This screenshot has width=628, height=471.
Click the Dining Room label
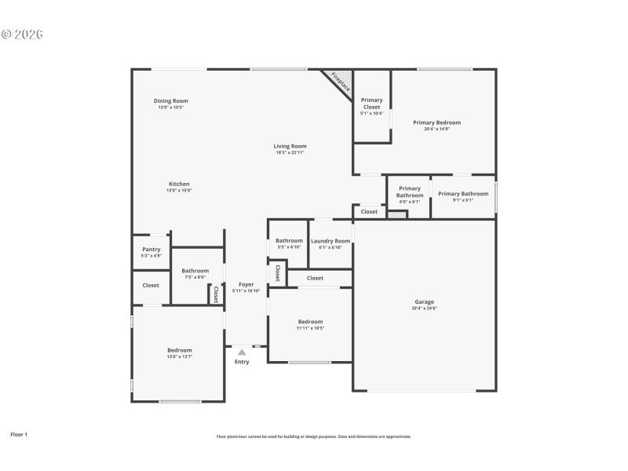(x=170, y=100)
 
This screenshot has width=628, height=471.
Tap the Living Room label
(x=290, y=146)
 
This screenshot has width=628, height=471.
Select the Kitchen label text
(x=179, y=184)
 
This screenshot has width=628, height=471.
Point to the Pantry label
(x=152, y=250)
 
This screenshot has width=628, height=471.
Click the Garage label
(x=424, y=301)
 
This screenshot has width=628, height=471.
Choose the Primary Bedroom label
(x=436, y=122)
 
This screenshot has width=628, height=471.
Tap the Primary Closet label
(x=371, y=103)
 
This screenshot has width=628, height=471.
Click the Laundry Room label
(x=330, y=241)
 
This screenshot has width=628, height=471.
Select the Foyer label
(x=246, y=284)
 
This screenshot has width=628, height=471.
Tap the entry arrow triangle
(x=242, y=352)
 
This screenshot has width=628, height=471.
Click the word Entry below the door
(x=242, y=362)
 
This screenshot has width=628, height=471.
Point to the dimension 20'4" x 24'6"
(x=424, y=309)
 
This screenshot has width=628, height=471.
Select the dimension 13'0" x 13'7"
(x=179, y=357)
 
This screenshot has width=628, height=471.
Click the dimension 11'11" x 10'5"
(x=309, y=328)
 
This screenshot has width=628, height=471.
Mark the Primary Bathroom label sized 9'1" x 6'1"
(x=463, y=194)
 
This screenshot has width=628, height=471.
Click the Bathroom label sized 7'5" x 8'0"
(x=195, y=270)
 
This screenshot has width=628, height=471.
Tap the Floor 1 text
(x=19, y=433)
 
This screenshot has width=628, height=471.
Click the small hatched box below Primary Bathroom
(x=396, y=214)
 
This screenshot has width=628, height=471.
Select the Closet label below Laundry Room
(x=315, y=278)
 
